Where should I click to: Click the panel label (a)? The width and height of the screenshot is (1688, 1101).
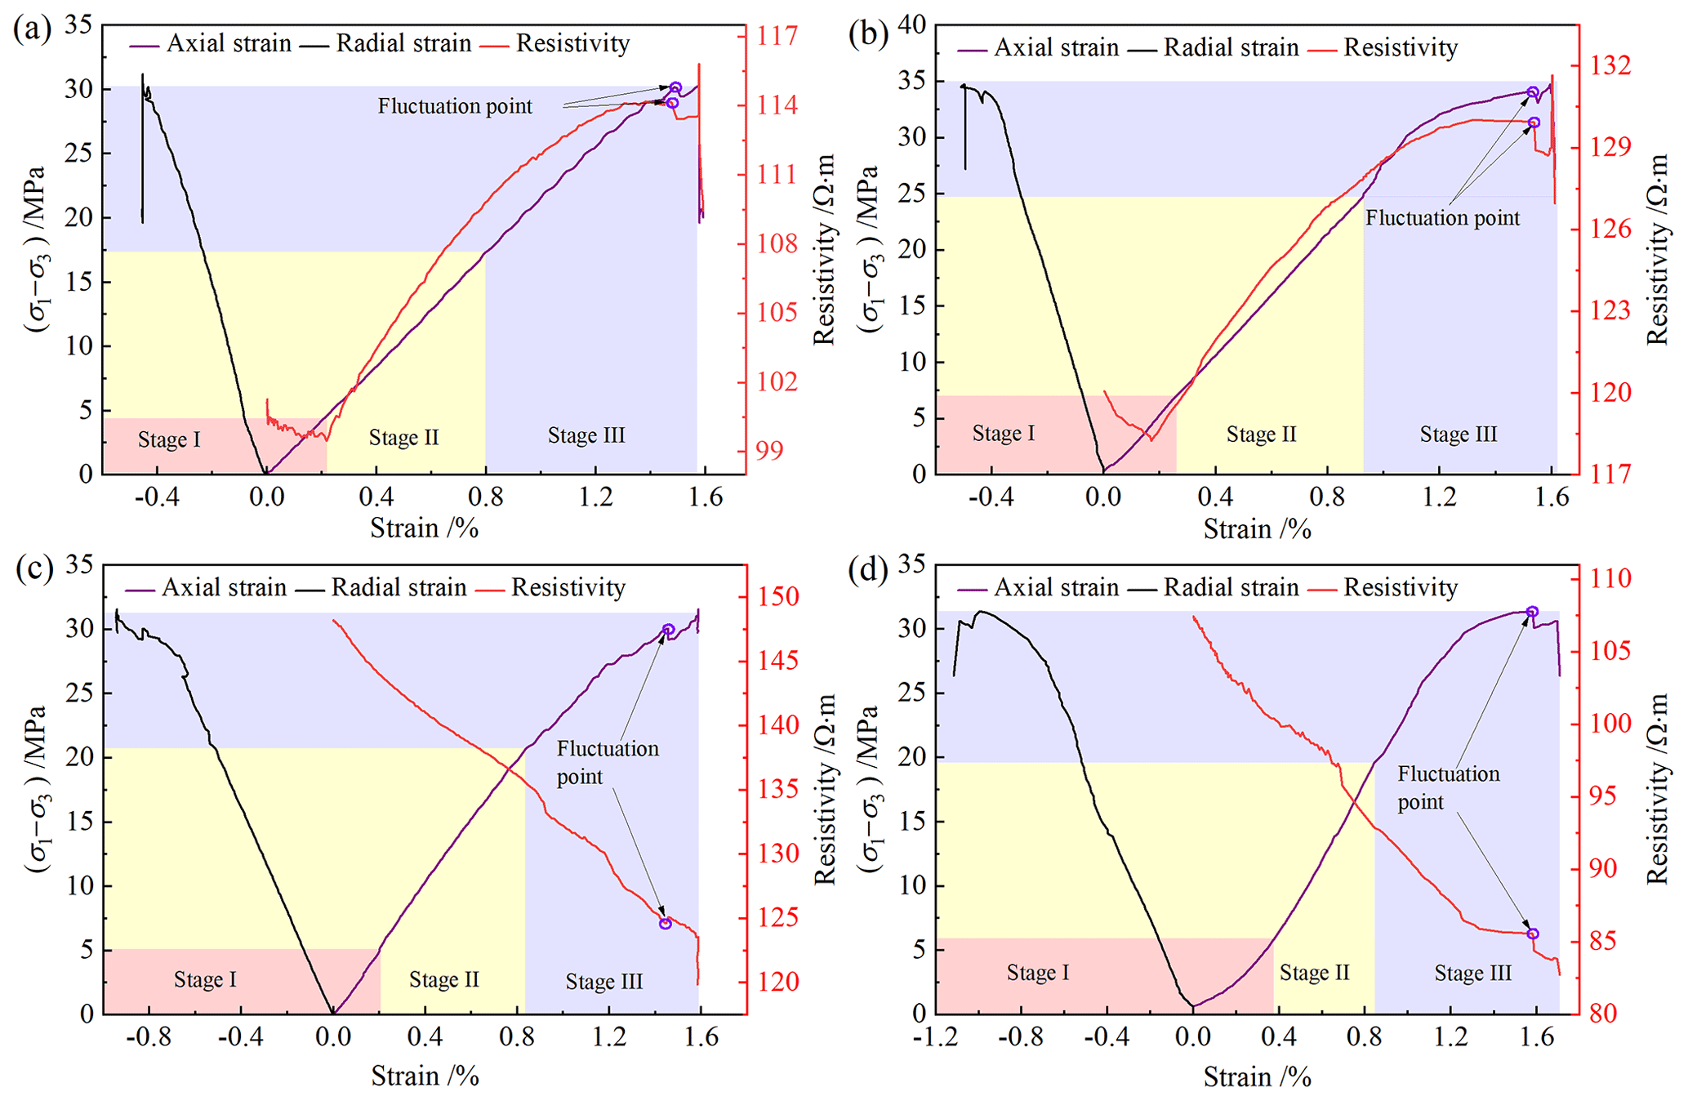pos(32,30)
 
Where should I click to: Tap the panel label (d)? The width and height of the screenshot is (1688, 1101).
pos(867,571)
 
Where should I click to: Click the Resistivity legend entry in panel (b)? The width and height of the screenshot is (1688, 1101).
pos(1400,47)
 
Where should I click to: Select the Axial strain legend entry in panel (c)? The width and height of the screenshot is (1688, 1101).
pos(224,587)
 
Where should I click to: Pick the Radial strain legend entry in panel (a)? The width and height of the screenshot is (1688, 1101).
pos(403,43)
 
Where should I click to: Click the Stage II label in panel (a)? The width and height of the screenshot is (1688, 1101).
pos(403,438)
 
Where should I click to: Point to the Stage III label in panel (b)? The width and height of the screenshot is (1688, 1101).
pos(1458,435)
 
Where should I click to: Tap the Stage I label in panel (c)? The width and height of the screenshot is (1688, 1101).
pos(205,979)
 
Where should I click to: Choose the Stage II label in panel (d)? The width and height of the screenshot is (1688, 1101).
pos(1314,973)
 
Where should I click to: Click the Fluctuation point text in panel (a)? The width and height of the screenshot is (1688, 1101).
pos(455,106)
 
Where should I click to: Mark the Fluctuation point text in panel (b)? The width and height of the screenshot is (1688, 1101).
pos(1442,218)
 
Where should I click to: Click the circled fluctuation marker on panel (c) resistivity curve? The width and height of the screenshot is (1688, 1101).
pos(666,923)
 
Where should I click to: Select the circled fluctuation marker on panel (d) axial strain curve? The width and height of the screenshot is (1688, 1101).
pos(1532,612)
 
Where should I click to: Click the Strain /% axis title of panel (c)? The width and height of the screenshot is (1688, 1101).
pos(425,1076)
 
